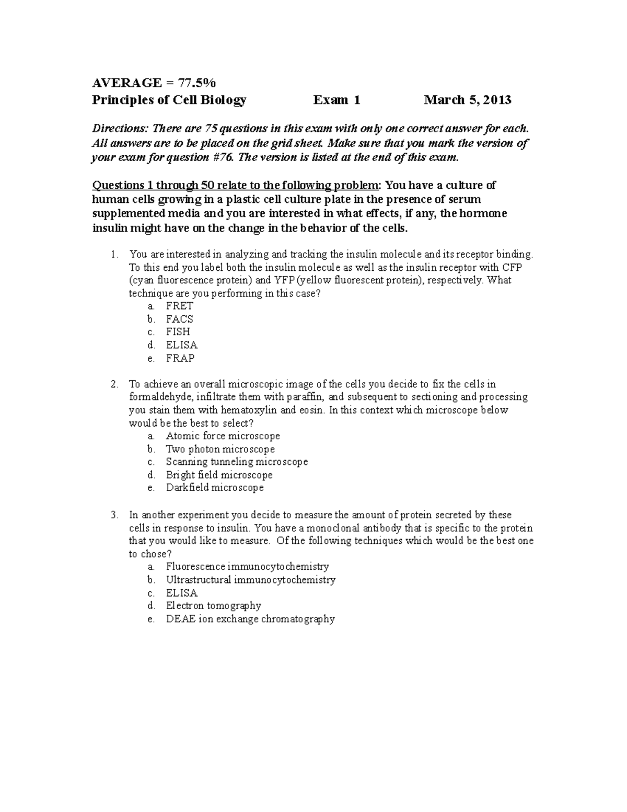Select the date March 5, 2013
[x=467, y=100]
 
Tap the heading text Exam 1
[x=336, y=100]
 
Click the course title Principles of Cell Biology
[x=169, y=100]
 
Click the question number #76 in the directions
[x=221, y=158]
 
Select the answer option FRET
[x=179, y=306]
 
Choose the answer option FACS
[x=179, y=319]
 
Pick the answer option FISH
[x=178, y=332]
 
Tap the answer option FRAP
[x=180, y=358]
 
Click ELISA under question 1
[x=181, y=345]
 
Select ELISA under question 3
[x=181, y=593]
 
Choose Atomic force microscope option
[x=223, y=436]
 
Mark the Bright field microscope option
[x=219, y=475]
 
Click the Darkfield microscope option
[x=215, y=488]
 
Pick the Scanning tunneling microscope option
[x=237, y=462]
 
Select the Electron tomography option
[x=213, y=605]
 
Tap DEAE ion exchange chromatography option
[x=250, y=619]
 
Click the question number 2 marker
[x=114, y=384]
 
